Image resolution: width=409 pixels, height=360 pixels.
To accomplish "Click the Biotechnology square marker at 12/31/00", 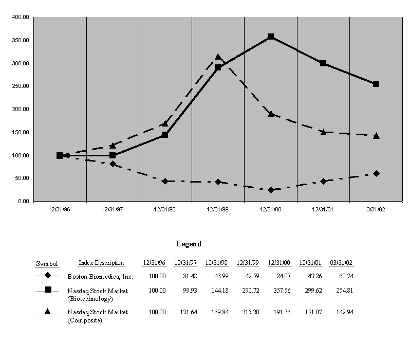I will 271,37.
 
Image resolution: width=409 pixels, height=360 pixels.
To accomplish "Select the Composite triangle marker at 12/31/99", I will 218,57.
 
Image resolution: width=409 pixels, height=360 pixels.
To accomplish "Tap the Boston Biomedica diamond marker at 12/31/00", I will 271,190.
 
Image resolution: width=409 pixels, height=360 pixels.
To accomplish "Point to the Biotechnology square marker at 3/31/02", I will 376,84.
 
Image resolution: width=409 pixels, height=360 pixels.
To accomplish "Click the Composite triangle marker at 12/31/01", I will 323,132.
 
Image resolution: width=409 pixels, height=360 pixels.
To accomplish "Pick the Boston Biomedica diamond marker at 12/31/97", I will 113,164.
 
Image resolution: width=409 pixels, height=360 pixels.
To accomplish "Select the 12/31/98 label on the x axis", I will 165,209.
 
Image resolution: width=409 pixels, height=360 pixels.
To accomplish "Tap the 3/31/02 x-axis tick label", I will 376,209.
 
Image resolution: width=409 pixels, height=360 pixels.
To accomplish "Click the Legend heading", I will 189,244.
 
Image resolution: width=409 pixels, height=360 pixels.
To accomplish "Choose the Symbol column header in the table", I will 47,264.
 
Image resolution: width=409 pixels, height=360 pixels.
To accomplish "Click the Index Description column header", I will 101,263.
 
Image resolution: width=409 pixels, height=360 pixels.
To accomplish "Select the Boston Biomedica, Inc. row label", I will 100,277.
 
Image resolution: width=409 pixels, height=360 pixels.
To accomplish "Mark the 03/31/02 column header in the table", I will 342,263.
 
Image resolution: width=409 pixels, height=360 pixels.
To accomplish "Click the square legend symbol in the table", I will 48,290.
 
